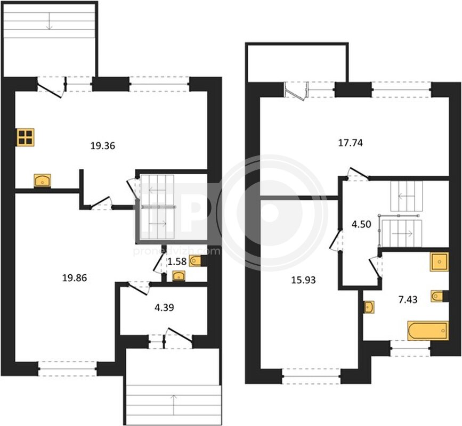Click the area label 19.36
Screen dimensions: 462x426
[102, 146]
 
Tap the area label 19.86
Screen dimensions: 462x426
[75, 277]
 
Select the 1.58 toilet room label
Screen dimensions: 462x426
[177, 261]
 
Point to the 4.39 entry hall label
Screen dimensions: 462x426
[164, 308]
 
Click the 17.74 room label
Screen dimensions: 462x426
[351, 143]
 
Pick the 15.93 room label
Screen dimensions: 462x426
[304, 280]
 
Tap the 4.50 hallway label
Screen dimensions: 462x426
[361, 224]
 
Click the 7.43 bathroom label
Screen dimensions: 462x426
[408, 300]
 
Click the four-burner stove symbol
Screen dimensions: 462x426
[26, 137]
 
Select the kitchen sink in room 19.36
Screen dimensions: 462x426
[43, 181]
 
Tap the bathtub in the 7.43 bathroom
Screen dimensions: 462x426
[428, 331]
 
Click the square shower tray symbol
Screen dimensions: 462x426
[439, 261]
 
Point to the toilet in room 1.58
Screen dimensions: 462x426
[196, 261]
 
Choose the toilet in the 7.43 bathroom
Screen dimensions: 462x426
[437, 296]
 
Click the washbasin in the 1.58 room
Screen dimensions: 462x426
[179, 276]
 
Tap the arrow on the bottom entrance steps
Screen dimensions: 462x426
[174, 405]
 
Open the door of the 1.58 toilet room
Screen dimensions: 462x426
[158, 263]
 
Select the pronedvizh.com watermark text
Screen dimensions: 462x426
[177, 251]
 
